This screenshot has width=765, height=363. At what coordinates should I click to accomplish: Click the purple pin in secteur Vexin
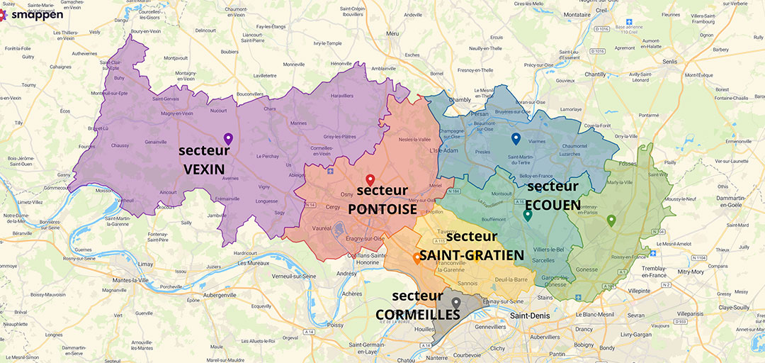click(x=227, y=138)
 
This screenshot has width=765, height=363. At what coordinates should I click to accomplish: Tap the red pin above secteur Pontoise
click(x=370, y=179)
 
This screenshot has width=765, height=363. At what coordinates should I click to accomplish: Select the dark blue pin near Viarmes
click(x=516, y=138)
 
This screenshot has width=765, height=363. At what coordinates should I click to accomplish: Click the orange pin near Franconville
click(x=416, y=258)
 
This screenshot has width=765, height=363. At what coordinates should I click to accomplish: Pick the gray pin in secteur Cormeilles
click(x=456, y=303)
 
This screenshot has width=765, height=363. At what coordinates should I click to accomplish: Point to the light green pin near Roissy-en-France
click(x=611, y=220)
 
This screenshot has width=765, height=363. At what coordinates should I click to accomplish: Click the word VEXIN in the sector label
click(x=204, y=169)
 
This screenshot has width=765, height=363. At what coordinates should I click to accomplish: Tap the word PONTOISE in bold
click(x=382, y=209)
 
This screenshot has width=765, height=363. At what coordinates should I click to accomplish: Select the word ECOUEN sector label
click(x=553, y=205)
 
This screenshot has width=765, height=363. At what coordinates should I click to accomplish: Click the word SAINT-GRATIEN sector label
click(x=472, y=255)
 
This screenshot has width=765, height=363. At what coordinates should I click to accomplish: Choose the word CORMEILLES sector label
click(x=418, y=313)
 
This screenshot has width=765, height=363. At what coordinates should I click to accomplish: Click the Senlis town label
click(x=670, y=62)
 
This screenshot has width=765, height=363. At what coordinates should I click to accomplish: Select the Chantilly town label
click(x=595, y=74)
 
